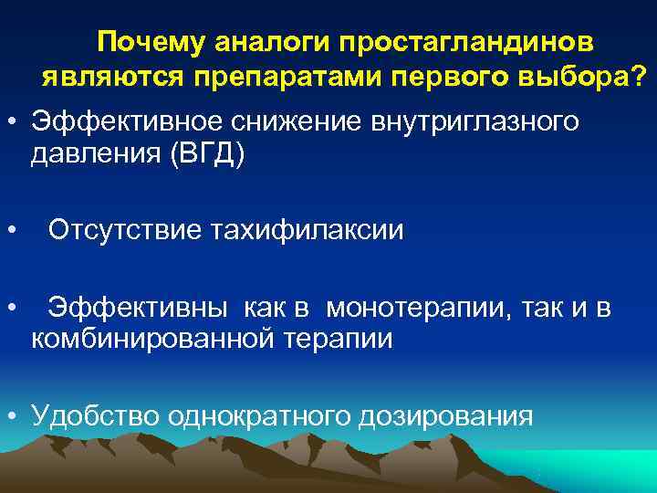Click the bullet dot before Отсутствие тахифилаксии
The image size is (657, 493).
(12, 230)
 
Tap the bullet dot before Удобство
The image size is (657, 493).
(12, 416)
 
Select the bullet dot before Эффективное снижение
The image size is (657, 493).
(12, 121)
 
